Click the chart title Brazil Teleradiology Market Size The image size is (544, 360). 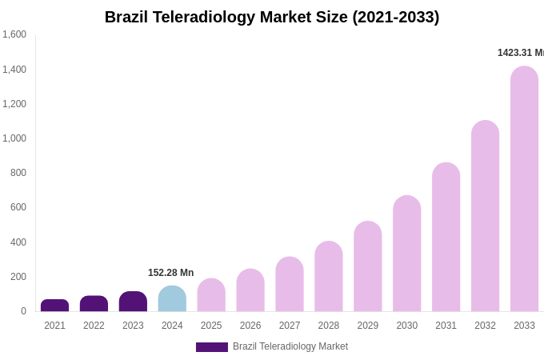[x=272, y=17]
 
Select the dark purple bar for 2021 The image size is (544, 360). [x=54, y=306]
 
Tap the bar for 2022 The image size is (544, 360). [x=94, y=304]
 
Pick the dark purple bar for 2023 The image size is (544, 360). [x=133, y=302]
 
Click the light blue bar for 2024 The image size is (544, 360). [x=172, y=298]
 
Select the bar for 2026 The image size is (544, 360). [x=250, y=290]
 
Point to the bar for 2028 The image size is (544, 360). [x=329, y=277]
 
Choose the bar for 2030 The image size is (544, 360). [x=406, y=254]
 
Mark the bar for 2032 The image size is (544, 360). [x=485, y=216]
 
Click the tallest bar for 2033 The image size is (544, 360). [x=524, y=189]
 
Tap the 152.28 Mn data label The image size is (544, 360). [x=170, y=273]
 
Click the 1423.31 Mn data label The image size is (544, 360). [x=520, y=53]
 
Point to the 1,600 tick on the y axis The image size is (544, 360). [x=14, y=34]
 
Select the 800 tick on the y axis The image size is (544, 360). [x=18, y=173]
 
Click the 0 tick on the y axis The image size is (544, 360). [x=23, y=311]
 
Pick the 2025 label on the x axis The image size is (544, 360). [x=211, y=326]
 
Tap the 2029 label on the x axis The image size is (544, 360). [x=368, y=326]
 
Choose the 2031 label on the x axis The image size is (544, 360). [x=446, y=326]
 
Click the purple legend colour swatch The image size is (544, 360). [x=212, y=347]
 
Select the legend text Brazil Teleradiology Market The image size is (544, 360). [x=290, y=346]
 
